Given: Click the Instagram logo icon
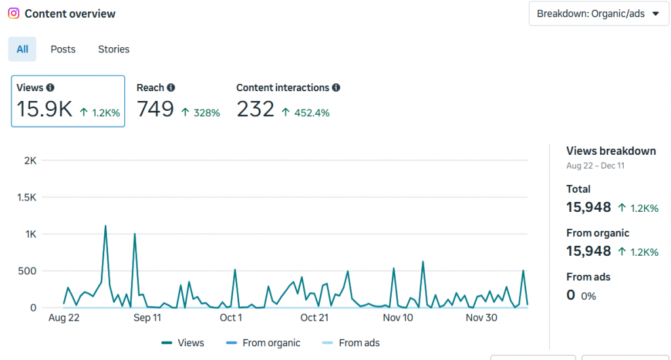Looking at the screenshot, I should pos(13,13).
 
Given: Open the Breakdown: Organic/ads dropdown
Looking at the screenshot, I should pos(598,14).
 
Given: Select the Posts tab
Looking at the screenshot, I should pos(63,49).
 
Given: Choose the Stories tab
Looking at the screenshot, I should pos(114,49).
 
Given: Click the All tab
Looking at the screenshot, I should pos(22,49).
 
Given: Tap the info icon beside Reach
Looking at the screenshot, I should pos(171,87).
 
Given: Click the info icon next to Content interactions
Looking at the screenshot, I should pos(336,87).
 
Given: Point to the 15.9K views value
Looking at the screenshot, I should pos(45,110).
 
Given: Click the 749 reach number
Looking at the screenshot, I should pos(155,110).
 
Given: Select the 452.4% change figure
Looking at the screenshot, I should pos(311,113).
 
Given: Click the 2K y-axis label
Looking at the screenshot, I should pos(30,161).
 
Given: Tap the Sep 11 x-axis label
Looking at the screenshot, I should pos(147,318).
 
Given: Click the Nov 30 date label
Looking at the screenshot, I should pos(482,318).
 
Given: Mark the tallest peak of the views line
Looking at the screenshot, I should pos(105,226).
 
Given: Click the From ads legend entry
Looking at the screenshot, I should pos(352,343).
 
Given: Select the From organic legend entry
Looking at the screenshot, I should pos(263,343).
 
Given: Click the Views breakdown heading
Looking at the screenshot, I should pos(611,151).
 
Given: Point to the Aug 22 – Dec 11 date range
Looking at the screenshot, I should pos(595,166).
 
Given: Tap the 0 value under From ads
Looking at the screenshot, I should pos(571,295).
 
